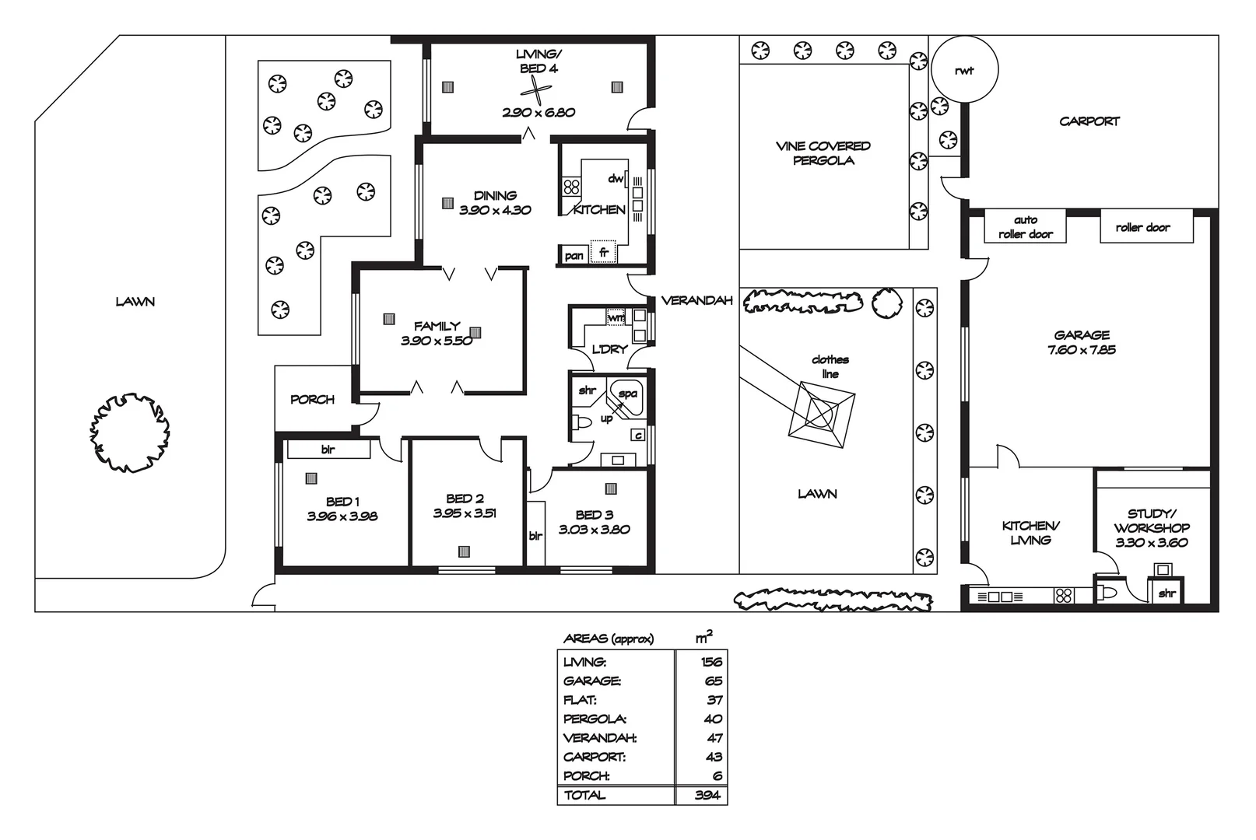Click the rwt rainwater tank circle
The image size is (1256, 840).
(x=964, y=69)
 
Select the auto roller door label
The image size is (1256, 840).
(x=1025, y=227)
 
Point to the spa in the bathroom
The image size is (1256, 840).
(x=626, y=397)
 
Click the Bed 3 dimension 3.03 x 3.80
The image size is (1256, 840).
(x=594, y=530)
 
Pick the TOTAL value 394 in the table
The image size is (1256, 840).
(x=707, y=795)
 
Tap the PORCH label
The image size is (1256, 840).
(x=312, y=399)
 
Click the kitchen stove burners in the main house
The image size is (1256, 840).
(x=572, y=187)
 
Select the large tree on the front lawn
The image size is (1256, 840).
(x=129, y=432)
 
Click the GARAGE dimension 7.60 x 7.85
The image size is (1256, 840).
(x=1082, y=350)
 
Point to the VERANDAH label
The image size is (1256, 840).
(x=696, y=300)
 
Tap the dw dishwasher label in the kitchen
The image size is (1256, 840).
(x=616, y=179)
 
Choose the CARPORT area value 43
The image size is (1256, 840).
(x=714, y=757)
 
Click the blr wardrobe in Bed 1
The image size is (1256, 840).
(x=328, y=450)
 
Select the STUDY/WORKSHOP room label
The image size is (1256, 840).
(x=1151, y=520)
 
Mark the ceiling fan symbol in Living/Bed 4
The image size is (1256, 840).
(x=538, y=91)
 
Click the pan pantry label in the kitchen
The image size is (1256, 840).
(x=574, y=256)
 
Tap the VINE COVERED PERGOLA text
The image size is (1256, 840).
(x=823, y=153)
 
